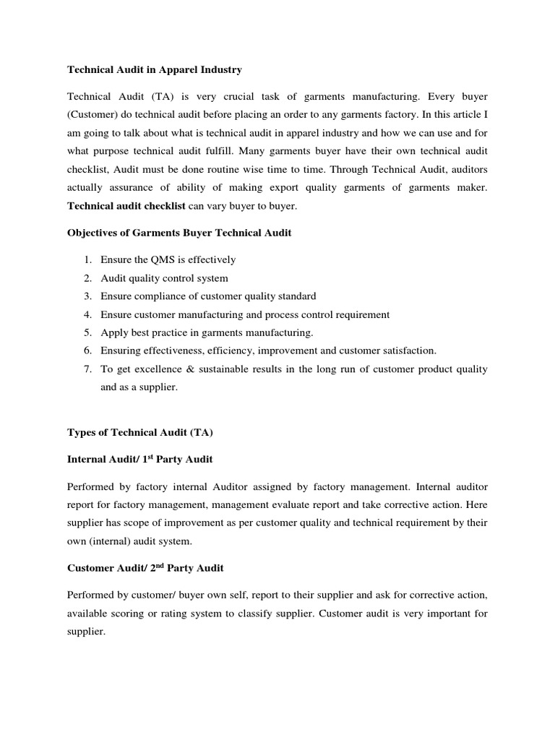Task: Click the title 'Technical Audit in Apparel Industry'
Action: tap(155, 70)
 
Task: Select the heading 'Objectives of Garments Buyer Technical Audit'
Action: tap(178, 233)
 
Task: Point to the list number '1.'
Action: tap(87, 259)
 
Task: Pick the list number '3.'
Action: tap(87, 296)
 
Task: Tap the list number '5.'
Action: tap(87, 332)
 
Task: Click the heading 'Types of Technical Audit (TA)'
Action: tap(141, 432)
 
